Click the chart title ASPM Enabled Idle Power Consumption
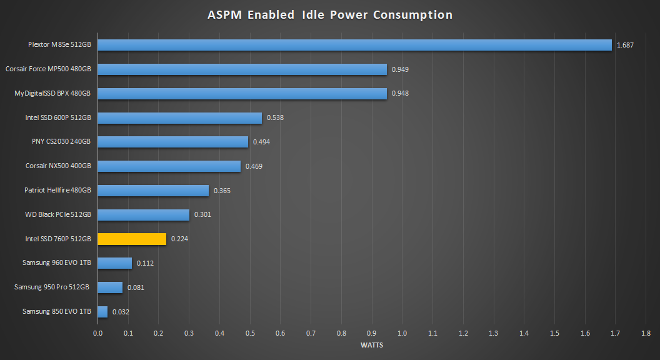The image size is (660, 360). tap(330, 15)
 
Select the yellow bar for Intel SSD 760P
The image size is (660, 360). tap(132, 239)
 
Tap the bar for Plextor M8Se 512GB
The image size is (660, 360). tap(354, 45)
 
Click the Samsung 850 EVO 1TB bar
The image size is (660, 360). tap(102, 311)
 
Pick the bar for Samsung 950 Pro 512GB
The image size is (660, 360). tap(110, 287)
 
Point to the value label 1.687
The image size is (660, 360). tap(625, 45)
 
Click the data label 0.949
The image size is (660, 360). tap(400, 69)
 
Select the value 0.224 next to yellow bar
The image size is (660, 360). tap(179, 239)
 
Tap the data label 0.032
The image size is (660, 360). tap(121, 311)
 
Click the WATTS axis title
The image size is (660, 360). tap(372, 344)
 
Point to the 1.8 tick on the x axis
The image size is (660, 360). tap(646, 334)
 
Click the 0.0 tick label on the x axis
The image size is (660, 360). tap(97, 334)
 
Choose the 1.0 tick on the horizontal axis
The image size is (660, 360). tap(402, 334)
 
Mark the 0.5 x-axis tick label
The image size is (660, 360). tap(250, 334)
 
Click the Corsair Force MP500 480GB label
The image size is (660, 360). tap(48, 69)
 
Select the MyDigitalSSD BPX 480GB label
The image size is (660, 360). tap(52, 93)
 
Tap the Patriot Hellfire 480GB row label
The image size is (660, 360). tap(57, 190)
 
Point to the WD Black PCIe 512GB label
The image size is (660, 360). tap(57, 214)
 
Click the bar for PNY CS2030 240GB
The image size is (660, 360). tap(172, 142)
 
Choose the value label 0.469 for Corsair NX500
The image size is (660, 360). tap(254, 166)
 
